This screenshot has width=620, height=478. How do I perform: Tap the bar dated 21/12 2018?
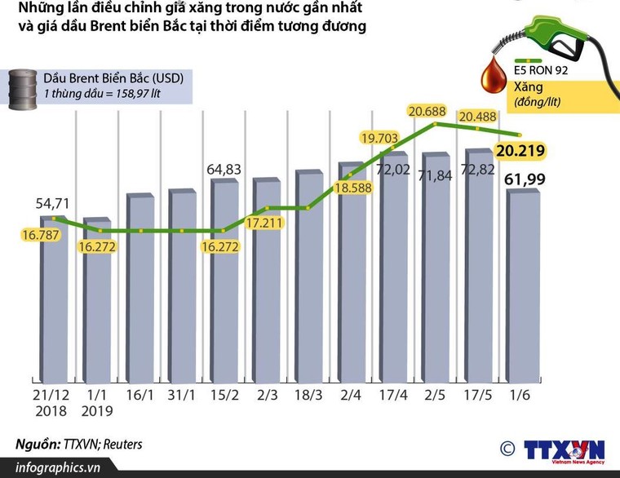click(54, 302)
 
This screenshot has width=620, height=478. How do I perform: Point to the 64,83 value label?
click(224, 169)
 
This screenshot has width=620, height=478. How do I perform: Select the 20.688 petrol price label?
click(427, 111)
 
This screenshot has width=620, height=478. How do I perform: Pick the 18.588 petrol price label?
click(351, 189)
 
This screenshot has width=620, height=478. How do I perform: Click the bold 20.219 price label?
click(520, 151)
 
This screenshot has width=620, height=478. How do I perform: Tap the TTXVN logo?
click(563, 449)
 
